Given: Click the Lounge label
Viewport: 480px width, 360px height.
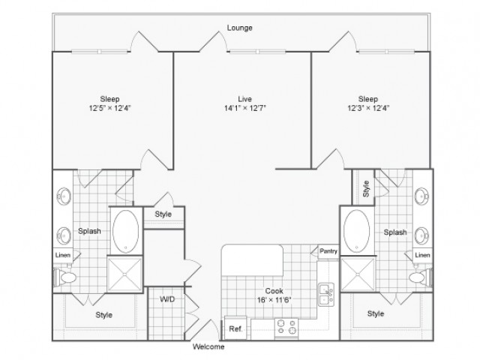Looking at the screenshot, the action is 240,28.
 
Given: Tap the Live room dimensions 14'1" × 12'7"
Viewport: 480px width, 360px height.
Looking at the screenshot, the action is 245,108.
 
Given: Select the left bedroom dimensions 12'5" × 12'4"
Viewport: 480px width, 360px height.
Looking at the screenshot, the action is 110,108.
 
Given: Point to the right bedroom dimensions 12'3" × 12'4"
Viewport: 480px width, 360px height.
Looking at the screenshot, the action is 368,108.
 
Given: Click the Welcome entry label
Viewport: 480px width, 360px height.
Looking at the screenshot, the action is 208,346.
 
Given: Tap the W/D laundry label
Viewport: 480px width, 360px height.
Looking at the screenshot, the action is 167,298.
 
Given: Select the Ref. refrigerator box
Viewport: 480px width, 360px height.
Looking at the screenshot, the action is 235,328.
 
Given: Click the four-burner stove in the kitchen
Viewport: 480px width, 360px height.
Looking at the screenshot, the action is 286,328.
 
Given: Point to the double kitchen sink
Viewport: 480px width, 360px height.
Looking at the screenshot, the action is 326,295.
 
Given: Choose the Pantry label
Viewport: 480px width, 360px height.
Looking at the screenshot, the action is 328,251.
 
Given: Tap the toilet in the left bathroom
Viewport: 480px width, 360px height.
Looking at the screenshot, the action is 65,277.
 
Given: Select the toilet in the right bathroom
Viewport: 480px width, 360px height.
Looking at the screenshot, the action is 421,277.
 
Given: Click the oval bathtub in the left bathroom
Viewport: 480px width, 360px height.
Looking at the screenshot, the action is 125,232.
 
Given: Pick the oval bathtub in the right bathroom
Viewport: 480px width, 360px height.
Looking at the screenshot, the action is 357,231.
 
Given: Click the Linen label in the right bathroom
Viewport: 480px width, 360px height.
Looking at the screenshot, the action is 422,255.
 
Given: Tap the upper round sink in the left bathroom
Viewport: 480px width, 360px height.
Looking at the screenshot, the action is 64,196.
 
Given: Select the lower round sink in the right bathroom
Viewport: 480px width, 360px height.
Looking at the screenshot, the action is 421,235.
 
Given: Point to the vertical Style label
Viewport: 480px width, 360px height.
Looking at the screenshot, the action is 366,188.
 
